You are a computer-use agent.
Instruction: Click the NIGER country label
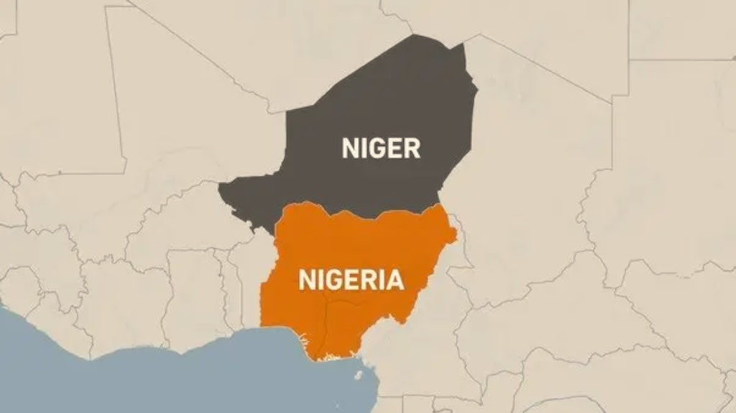pyautogui.click(x=380, y=148)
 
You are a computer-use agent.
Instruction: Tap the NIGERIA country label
pyautogui.click(x=351, y=279)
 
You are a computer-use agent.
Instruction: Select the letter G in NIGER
pyautogui.click(x=376, y=148)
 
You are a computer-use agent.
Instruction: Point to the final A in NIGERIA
pyautogui.click(x=395, y=279)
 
